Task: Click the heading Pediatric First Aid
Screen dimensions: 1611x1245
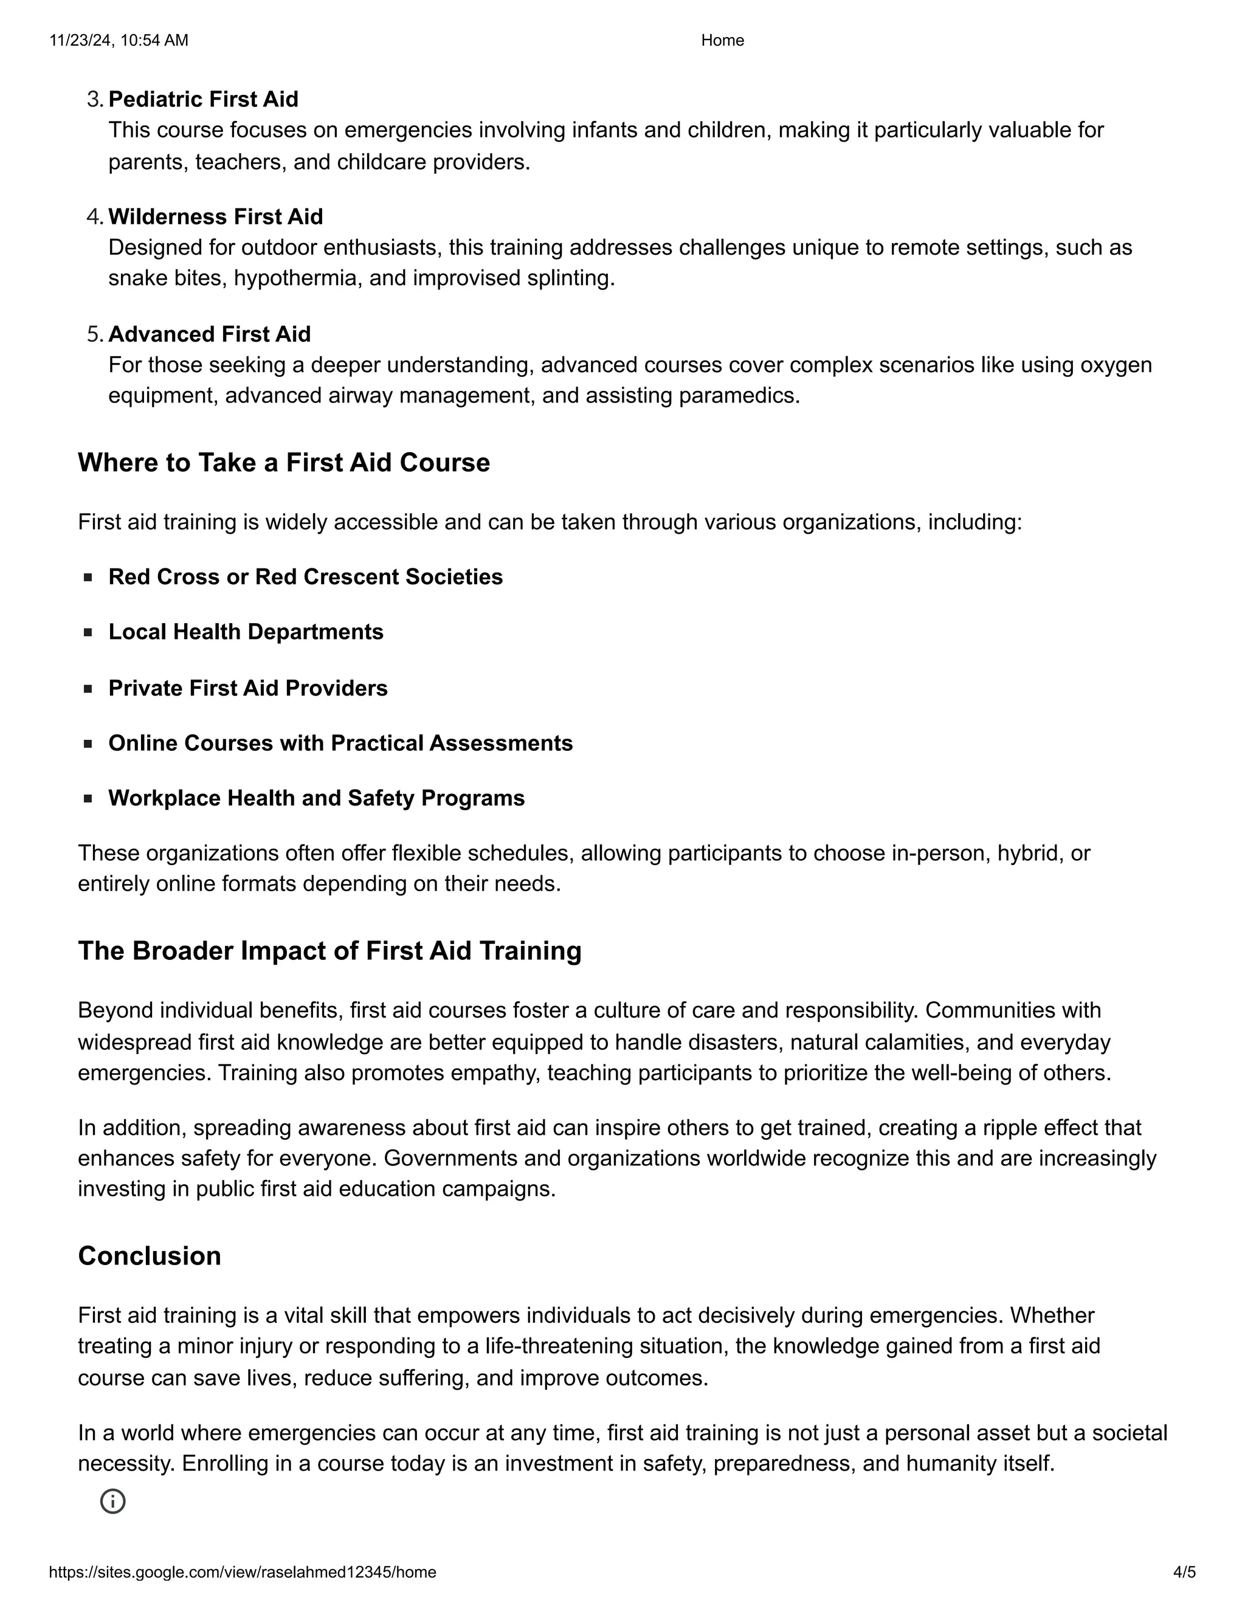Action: tap(203, 99)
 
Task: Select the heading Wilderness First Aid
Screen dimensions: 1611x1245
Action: tap(215, 216)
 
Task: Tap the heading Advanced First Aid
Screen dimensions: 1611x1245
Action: tap(210, 334)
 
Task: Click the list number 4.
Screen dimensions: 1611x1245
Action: tap(94, 216)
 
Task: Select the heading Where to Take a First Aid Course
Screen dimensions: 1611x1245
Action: tap(284, 463)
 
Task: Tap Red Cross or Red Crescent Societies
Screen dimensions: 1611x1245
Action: tap(305, 577)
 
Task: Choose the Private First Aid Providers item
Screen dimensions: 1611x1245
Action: tap(248, 688)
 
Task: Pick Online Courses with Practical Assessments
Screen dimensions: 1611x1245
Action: tap(340, 743)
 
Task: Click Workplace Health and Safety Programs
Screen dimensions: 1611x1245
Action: tap(316, 798)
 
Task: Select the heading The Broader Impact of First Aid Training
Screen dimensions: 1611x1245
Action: tap(329, 951)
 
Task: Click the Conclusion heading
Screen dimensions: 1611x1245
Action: tap(150, 1256)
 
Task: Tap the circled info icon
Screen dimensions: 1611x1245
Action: tap(113, 1501)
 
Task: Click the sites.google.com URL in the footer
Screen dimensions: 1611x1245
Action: tap(243, 1572)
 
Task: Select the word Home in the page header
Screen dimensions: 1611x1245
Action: tap(722, 41)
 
